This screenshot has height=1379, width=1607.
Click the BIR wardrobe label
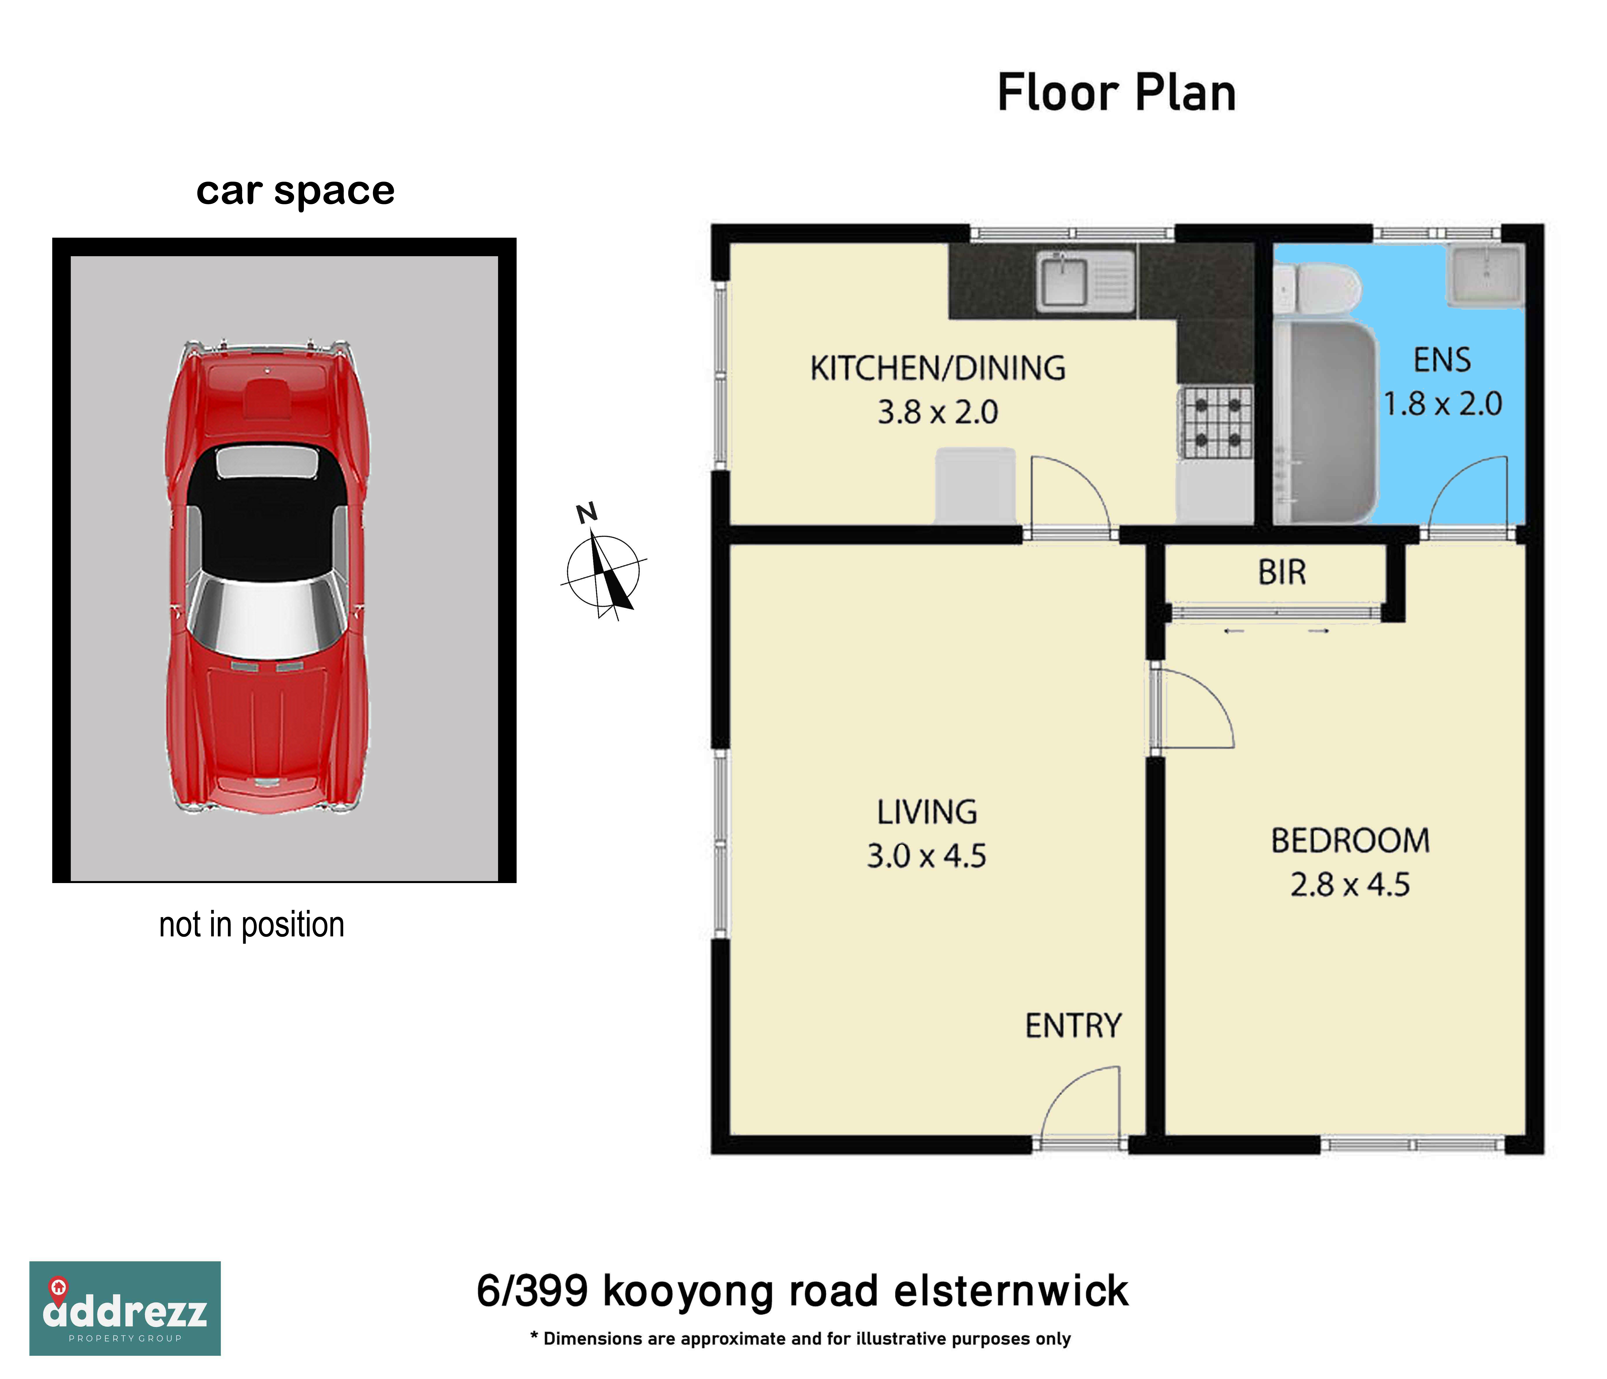pyautogui.click(x=1282, y=573)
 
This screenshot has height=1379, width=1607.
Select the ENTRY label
pyautogui.click(x=1073, y=1026)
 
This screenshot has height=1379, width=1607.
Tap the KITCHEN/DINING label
pyautogui.click(x=938, y=369)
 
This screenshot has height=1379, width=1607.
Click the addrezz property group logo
pyautogui.click(x=125, y=1308)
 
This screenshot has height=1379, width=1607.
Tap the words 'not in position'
pyautogui.click(x=251, y=925)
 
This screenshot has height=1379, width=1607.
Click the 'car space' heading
pyautogui.click(x=295, y=191)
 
